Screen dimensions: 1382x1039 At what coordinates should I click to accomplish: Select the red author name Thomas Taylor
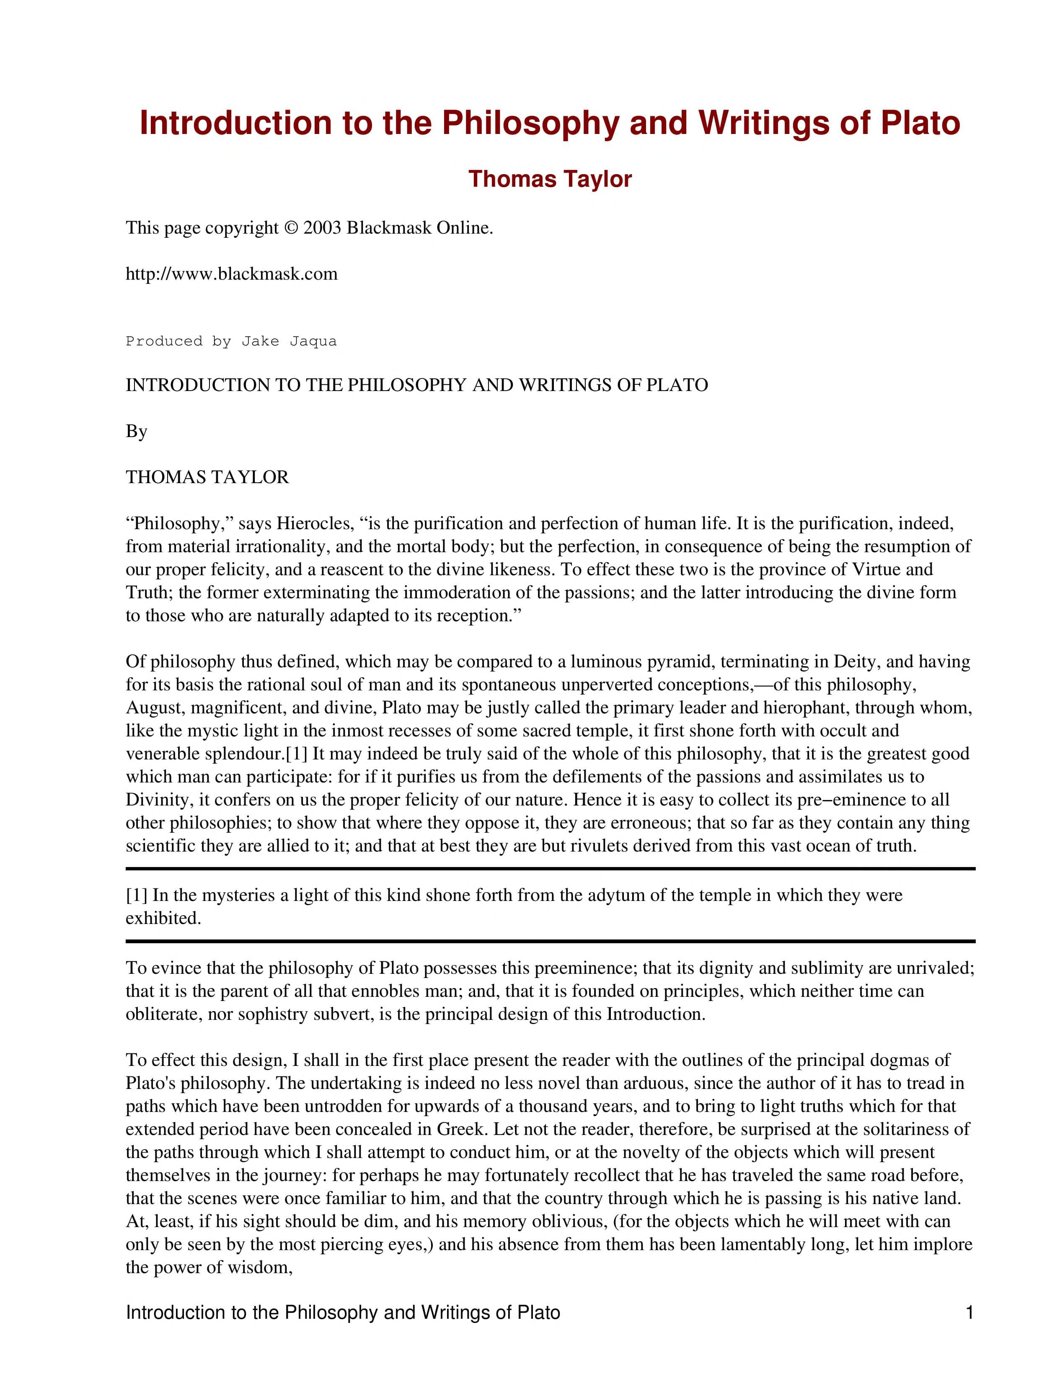point(550,179)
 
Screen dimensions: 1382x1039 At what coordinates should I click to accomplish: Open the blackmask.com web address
point(231,274)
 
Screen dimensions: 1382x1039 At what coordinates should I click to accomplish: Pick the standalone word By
point(136,431)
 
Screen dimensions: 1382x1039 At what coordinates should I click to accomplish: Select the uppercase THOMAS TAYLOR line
point(207,477)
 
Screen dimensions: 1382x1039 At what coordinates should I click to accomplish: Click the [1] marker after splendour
point(296,754)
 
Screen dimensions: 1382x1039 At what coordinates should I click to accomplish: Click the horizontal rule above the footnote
point(550,868)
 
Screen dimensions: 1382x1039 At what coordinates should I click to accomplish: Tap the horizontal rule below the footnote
point(550,941)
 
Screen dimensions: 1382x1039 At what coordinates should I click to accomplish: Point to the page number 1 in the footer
point(969,1313)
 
